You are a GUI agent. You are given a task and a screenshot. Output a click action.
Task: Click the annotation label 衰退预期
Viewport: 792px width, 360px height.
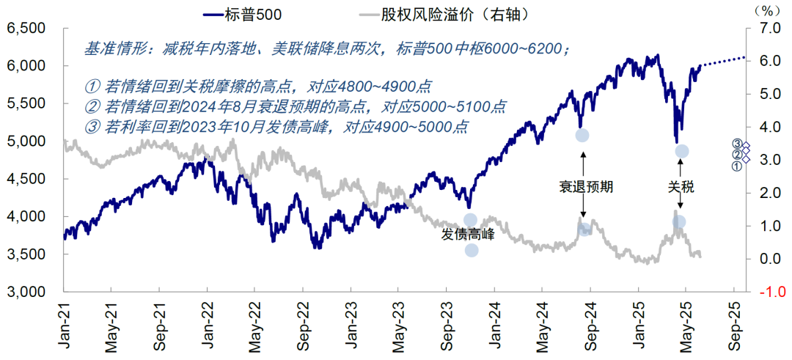click(583, 186)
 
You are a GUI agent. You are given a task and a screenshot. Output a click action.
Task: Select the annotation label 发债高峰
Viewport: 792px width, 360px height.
click(468, 235)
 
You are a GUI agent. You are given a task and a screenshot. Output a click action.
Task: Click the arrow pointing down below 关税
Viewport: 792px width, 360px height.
click(681, 206)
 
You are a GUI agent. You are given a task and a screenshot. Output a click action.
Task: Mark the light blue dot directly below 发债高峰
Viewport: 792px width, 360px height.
click(472, 251)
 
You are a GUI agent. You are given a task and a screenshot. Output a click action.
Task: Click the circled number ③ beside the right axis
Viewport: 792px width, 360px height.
click(736, 144)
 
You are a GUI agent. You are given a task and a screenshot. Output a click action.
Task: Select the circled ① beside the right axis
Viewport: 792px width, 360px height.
click(736, 166)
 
